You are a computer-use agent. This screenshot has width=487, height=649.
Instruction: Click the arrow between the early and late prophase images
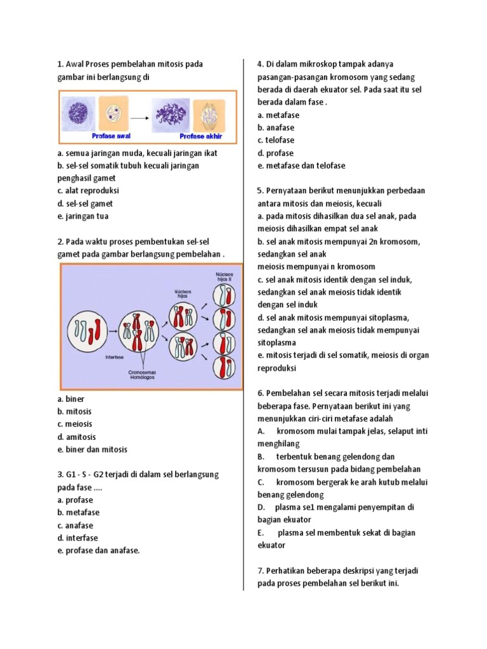[x=139, y=119]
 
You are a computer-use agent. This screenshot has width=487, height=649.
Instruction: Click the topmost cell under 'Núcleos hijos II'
[x=224, y=295]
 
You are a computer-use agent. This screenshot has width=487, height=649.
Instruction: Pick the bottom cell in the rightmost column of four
[x=224, y=366]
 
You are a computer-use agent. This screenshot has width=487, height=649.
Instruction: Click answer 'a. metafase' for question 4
[x=278, y=115]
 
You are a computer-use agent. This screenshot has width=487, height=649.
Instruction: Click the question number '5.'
[x=261, y=191]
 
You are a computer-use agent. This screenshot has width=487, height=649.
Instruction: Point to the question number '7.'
[x=261, y=571]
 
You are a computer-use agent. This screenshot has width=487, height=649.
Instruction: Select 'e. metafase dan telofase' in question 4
[x=301, y=165]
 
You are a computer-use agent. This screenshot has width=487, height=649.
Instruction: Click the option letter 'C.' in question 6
[x=261, y=482]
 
